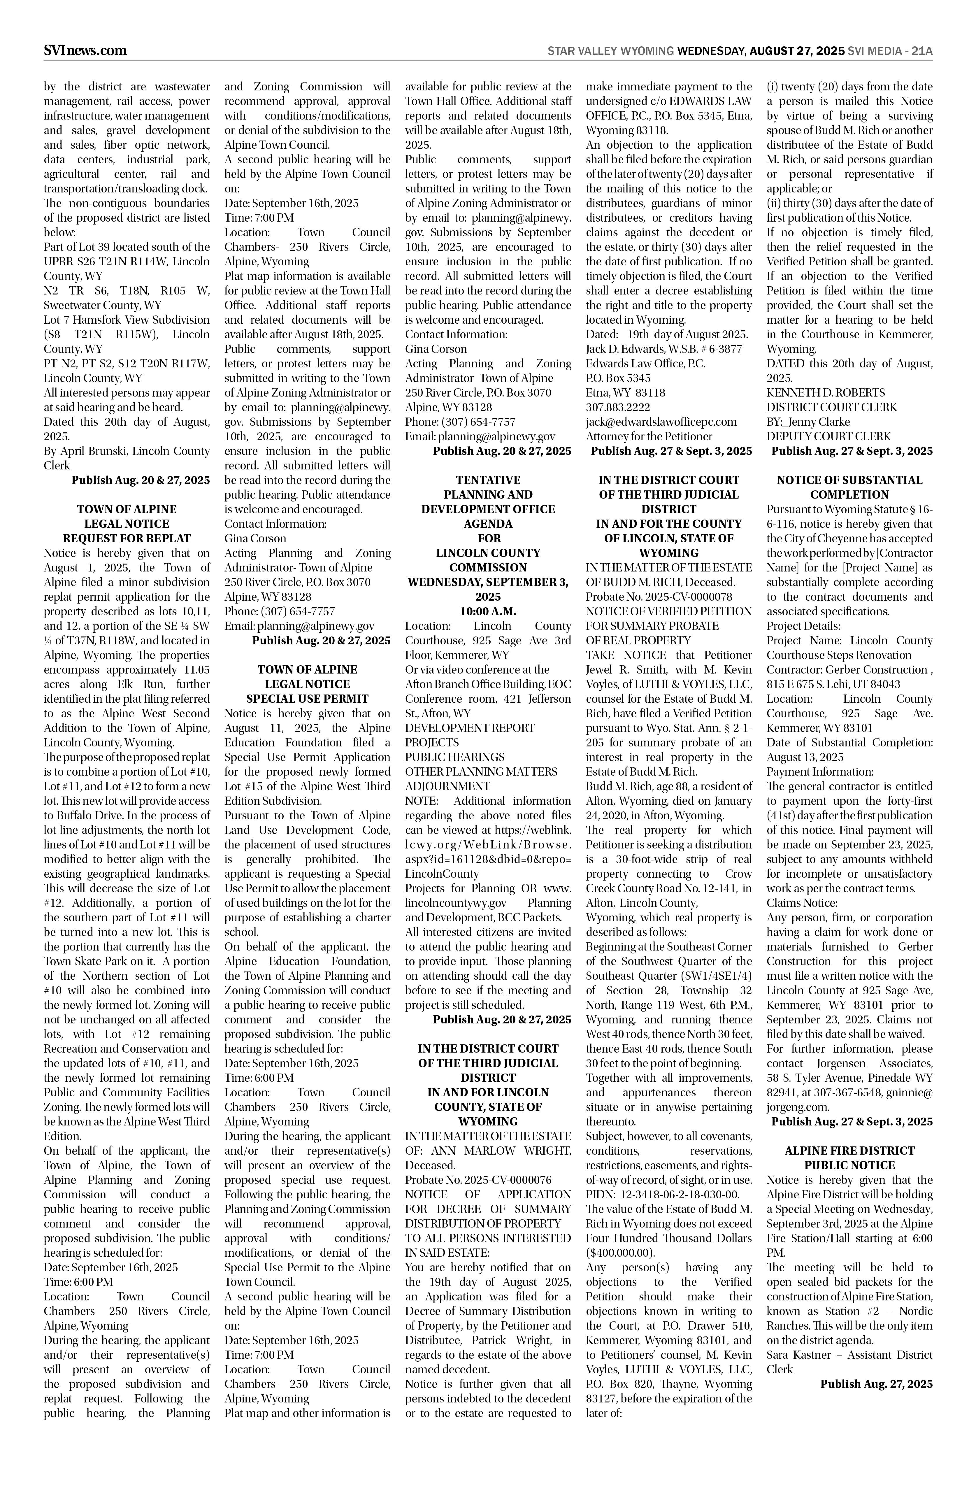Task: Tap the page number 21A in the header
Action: tap(921, 51)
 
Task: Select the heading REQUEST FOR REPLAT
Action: tap(127, 538)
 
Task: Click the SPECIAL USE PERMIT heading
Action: tap(307, 699)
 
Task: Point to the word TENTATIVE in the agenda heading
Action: tap(488, 480)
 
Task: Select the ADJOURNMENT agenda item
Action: tap(447, 786)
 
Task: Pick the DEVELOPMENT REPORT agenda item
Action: tap(470, 728)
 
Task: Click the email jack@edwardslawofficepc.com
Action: tap(661, 422)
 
